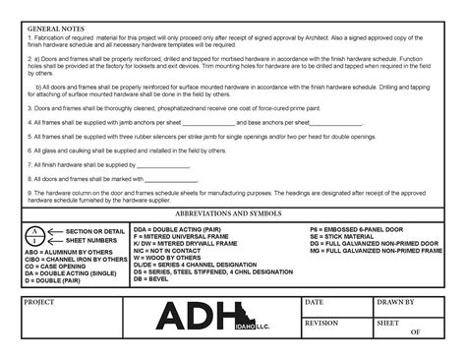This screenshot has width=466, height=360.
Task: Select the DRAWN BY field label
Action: point(398,301)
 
